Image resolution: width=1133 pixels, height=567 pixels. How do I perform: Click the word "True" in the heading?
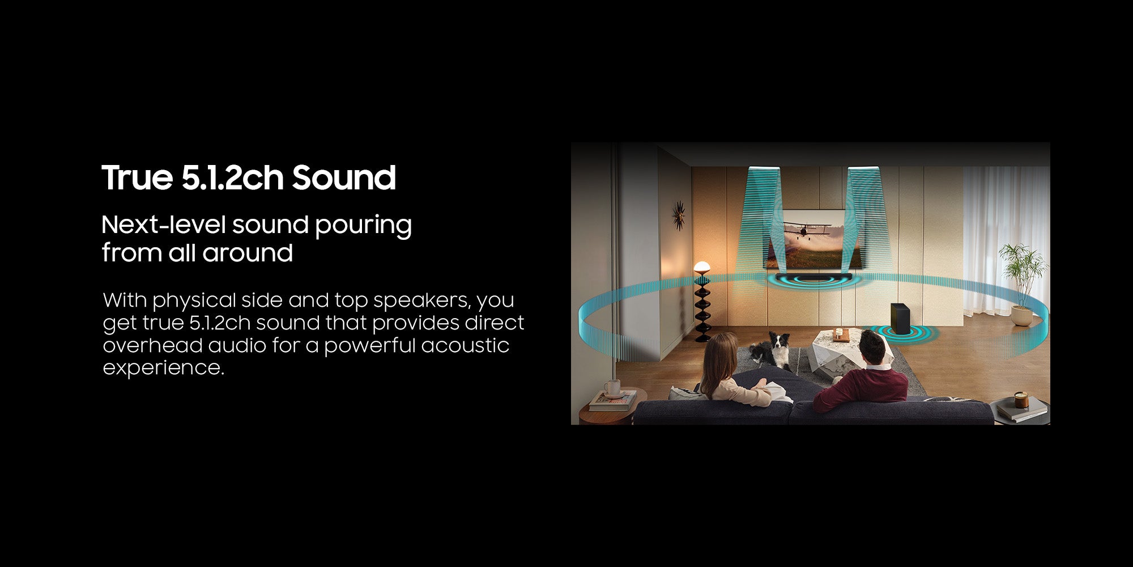pyautogui.click(x=137, y=177)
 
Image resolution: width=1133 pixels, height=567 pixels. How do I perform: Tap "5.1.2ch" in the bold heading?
pyautogui.click(x=232, y=177)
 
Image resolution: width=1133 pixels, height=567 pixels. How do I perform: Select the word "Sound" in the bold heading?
pyautogui.click(x=344, y=177)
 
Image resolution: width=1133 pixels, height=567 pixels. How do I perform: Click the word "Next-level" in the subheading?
pyautogui.click(x=164, y=225)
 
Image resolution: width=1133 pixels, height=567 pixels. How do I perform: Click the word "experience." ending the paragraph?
pyautogui.click(x=164, y=369)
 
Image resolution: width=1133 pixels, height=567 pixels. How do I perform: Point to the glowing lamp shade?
pyautogui.click(x=702, y=266)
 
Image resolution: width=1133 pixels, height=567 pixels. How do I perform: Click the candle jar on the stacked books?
pyautogui.click(x=1021, y=400)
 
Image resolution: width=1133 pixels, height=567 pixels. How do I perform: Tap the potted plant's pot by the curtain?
pyautogui.click(x=1022, y=316)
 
